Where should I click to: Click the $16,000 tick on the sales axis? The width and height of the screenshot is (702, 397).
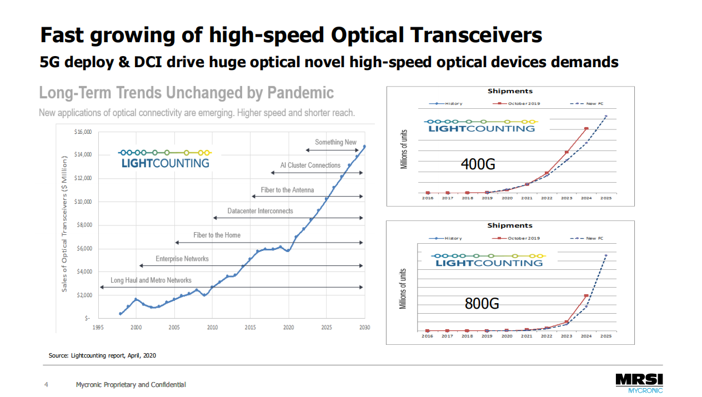tap(83, 132)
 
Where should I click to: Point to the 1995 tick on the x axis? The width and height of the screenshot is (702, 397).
tap(98, 328)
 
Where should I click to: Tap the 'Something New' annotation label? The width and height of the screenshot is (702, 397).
tap(335, 142)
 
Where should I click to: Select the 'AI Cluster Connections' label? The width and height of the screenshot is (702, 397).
tap(310, 165)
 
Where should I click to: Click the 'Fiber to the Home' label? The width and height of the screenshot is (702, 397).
tap(217, 235)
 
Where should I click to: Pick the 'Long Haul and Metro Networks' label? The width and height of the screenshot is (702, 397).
tap(151, 280)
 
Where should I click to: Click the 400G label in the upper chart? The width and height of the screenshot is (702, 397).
tap(478, 164)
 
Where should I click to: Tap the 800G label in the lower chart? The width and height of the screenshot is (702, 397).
tap(482, 304)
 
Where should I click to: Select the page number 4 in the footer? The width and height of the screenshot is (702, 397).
tap(46, 385)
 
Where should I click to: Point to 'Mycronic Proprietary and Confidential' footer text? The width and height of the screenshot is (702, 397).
tap(131, 385)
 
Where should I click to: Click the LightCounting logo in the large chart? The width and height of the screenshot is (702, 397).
tap(165, 158)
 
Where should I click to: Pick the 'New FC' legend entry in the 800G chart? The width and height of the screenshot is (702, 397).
tap(591, 238)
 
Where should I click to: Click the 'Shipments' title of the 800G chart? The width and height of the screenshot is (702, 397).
tap(509, 225)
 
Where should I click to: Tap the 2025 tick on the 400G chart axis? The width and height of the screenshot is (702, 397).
tap(606, 198)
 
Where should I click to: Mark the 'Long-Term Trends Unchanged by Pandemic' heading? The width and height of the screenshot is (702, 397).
tap(187, 93)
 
